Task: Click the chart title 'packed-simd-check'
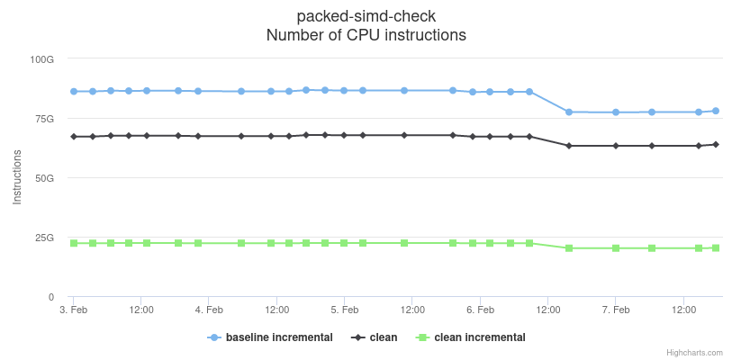(366, 17)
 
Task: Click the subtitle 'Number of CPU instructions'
(366, 36)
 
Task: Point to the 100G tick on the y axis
(42, 59)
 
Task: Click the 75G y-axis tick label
(44, 119)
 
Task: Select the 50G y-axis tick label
(44, 178)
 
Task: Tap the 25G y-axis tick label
(44, 238)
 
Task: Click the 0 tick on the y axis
(51, 297)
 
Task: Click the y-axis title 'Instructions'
(17, 178)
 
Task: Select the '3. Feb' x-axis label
(73, 310)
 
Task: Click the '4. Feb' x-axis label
(209, 310)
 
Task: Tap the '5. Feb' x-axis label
(344, 310)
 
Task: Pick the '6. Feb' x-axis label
(480, 310)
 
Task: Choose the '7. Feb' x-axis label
(616, 310)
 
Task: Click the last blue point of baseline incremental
(716, 111)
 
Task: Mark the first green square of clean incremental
(74, 243)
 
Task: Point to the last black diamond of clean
(716, 144)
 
